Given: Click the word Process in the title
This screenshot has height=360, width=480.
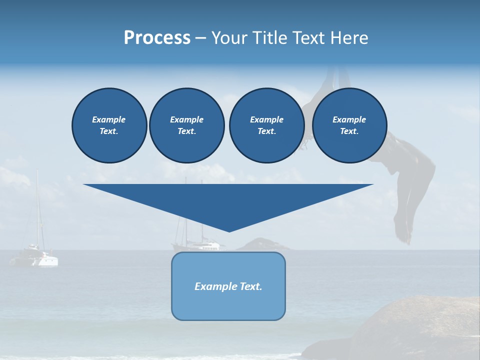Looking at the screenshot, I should (x=157, y=38).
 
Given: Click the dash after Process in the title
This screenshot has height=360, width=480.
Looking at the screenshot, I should (x=200, y=38).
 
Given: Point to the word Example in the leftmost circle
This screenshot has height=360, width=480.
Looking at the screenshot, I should (x=109, y=119).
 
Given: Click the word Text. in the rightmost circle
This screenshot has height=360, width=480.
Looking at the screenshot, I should (x=349, y=131).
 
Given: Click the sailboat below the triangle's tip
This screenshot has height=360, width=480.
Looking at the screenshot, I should (x=197, y=245).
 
